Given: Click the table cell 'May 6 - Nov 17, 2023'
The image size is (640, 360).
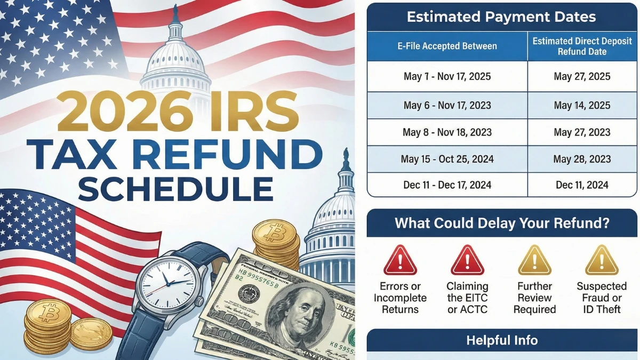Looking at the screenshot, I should pos(447,105).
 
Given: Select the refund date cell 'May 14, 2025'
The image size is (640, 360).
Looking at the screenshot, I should pos(582,105).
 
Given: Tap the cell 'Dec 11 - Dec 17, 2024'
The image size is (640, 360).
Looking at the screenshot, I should pos(447,185).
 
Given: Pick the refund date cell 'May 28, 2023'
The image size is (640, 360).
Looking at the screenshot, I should pos(582,159).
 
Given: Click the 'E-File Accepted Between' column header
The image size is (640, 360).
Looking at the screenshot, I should pos(447,46).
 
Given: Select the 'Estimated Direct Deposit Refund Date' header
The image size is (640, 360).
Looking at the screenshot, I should pos(582,46).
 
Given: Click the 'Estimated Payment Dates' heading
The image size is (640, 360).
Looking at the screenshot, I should pos(501,17).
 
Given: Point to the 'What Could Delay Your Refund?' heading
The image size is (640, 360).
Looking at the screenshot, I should pos(501,223).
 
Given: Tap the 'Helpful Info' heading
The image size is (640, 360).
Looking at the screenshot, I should pos(501,340).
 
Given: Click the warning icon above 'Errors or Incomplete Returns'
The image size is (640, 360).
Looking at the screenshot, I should pos(400,261).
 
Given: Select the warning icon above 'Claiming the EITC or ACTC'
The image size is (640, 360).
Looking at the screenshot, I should pos(467,261).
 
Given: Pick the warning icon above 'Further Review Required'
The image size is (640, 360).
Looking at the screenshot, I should pos(534,261).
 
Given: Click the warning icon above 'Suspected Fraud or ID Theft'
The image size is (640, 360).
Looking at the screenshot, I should pos(602,261).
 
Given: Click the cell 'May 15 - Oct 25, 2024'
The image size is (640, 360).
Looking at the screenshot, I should pos(447,159).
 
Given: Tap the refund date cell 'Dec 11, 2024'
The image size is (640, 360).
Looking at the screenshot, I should pos(582,185).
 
